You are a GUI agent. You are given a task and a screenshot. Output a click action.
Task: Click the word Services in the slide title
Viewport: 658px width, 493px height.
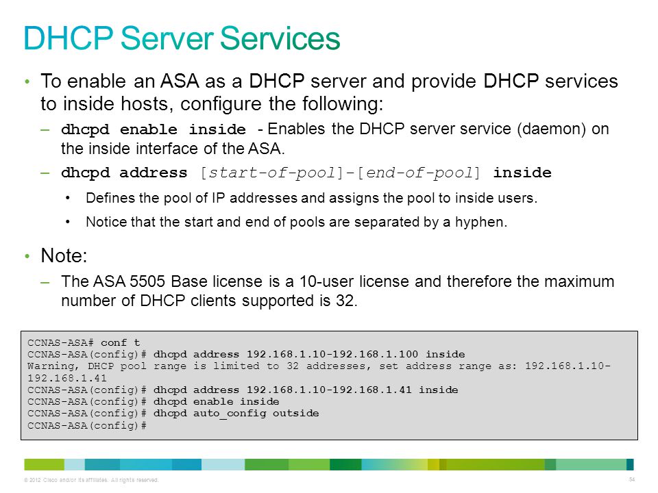pyautogui.click(x=280, y=38)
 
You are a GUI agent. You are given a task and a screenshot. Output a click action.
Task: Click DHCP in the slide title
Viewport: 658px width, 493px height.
pyautogui.click(x=69, y=38)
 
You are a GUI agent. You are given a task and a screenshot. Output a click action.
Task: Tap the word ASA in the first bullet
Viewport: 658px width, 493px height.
pyautogui.click(x=180, y=81)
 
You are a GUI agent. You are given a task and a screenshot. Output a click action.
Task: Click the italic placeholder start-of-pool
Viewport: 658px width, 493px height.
pyautogui.click(x=272, y=173)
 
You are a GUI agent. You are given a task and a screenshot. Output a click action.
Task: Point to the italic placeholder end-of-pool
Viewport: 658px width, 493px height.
pyautogui.click(x=418, y=173)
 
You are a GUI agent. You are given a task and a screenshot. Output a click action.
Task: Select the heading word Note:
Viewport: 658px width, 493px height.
pyautogui.click(x=64, y=255)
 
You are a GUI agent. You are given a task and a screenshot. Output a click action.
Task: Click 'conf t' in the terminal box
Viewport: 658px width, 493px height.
pyautogui.click(x=120, y=342)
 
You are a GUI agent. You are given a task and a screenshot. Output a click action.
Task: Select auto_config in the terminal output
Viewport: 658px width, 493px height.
pyautogui.click(x=230, y=414)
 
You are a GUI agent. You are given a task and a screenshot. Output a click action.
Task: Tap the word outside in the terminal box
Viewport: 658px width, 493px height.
pyautogui.click(x=296, y=414)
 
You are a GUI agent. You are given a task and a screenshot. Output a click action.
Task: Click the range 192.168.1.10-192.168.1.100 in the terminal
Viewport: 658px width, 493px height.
pyautogui.click(x=332, y=354)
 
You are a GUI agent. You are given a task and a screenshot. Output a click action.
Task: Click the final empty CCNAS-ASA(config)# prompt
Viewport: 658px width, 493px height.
pyautogui.click(x=87, y=425)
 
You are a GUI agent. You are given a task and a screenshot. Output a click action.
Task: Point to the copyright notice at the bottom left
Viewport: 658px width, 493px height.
pyautogui.click(x=91, y=480)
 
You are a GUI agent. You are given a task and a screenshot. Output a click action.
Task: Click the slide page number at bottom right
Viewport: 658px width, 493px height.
pyautogui.click(x=632, y=479)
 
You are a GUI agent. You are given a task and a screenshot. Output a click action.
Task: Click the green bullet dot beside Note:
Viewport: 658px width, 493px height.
pyautogui.click(x=27, y=256)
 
